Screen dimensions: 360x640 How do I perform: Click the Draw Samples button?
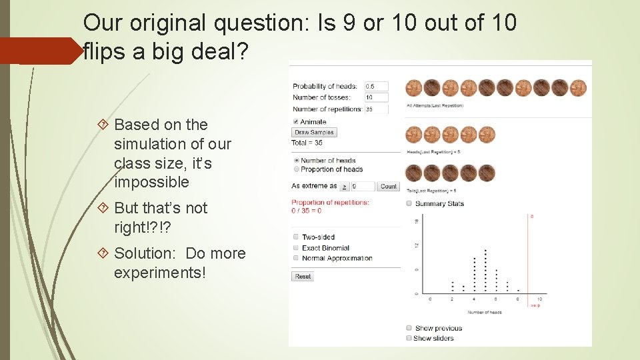coord(315,132)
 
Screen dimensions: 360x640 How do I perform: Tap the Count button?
coord(388,187)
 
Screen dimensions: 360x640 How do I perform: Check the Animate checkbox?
coord(296,121)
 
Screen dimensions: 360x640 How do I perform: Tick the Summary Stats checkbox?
coord(409,203)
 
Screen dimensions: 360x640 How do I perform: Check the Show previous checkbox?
coord(409,328)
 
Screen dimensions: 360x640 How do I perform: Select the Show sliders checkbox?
coord(409,338)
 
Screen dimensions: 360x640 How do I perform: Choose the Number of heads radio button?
coord(296,161)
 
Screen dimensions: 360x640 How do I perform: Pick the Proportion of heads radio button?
coord(296,169)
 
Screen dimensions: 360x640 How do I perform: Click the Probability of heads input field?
coord(376,86)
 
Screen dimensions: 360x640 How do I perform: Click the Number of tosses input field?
coord(376,97)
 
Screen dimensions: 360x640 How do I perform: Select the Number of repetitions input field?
coord(376,109)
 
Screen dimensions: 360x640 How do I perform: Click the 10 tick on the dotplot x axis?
coord(539,299)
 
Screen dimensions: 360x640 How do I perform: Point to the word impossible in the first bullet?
coord(151,182)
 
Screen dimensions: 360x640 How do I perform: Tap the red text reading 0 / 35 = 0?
coord(306,211)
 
